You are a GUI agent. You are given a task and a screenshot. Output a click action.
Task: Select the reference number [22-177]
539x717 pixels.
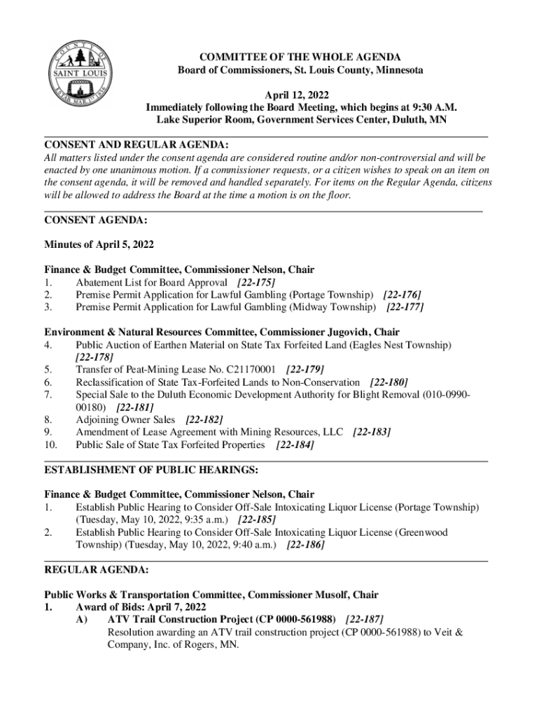[x=405, y=307]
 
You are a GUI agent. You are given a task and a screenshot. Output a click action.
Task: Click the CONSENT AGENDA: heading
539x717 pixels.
[x=95, y=220]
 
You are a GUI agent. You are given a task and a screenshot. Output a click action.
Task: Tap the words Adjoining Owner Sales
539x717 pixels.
[x=125, y=419]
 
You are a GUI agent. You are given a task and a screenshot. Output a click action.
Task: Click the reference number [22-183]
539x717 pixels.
[x=372, y=432]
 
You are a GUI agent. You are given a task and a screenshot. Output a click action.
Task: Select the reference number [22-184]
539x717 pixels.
[x=295, y=445]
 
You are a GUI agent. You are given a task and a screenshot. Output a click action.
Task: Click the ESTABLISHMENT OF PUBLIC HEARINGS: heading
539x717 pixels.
[x=151, y=469]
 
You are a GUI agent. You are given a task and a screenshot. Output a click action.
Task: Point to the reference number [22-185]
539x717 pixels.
[x=257, y=520]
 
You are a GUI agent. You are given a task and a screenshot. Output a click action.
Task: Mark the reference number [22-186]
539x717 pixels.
[x=306, y=544]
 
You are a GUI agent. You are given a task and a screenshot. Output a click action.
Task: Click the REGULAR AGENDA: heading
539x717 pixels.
[x=96, y=570]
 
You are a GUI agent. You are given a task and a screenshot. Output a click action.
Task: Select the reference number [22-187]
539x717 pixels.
[x=364, y=620]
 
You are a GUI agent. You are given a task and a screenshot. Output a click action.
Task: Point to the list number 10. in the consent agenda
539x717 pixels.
[x=51, y=445]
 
